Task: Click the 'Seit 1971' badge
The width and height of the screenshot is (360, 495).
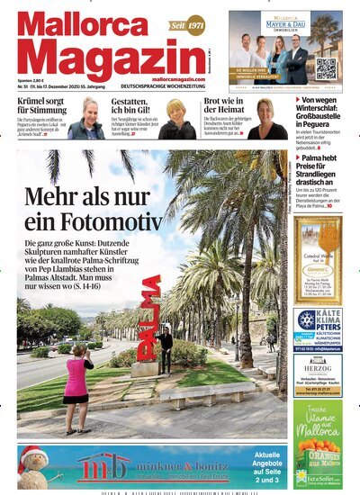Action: [x=188, y=24]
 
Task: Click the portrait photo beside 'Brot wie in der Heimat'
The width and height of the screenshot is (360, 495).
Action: [x=270, y=119]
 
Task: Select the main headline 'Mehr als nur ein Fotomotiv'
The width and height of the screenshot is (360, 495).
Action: [x=94, y=210]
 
